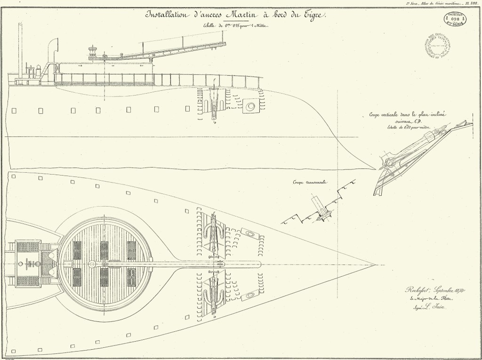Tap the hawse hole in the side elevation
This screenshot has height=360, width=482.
(x=250, y=106)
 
